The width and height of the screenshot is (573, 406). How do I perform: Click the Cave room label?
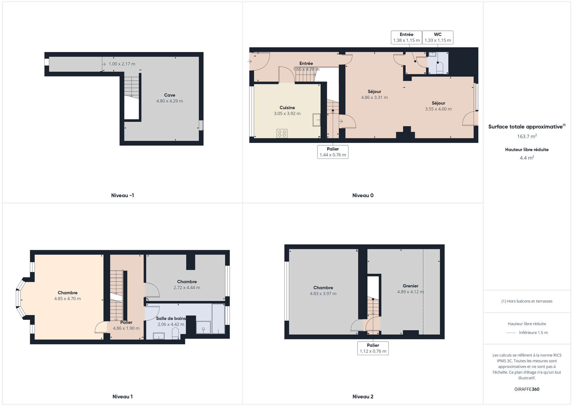click(x=170, y=95)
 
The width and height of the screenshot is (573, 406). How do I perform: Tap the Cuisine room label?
click(x=287, y=107)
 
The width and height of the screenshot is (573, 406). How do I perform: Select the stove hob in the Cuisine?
click(x=282, y=133)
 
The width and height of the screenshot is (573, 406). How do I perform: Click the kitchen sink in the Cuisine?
click(x=316, y=120)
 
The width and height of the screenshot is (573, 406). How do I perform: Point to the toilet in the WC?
click(x=440, y=68)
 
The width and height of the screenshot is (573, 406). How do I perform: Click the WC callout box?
click(x=438, y=37)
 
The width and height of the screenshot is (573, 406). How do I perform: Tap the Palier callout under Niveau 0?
click(x=333, y=152)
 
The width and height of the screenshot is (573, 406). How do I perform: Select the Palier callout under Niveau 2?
click(x=373, y=348)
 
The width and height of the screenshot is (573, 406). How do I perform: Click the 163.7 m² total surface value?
click(x=527, y=136)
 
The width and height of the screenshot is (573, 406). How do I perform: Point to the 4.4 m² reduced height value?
click(x=527, y=158)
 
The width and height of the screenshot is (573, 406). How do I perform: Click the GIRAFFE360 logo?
click(x=527, y=389)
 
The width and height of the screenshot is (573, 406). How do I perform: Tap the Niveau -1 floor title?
click(x=122, y=195)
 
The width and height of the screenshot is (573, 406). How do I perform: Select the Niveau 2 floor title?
click(x=363, y=396)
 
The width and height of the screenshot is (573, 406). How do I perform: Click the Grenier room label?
click(x=410, y=286)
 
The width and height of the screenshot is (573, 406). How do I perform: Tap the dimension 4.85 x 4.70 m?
click(x=68, y=299)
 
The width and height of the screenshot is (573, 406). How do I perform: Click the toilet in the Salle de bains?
click(x=175, y=333)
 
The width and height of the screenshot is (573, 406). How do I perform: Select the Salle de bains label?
click(x=171, y=318)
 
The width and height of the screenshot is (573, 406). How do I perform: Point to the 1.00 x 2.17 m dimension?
click(x=122, y=64)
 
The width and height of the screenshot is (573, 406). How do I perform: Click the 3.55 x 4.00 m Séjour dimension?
click(x=438, y=109)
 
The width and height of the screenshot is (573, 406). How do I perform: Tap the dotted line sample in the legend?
click(x=511, y=333)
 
